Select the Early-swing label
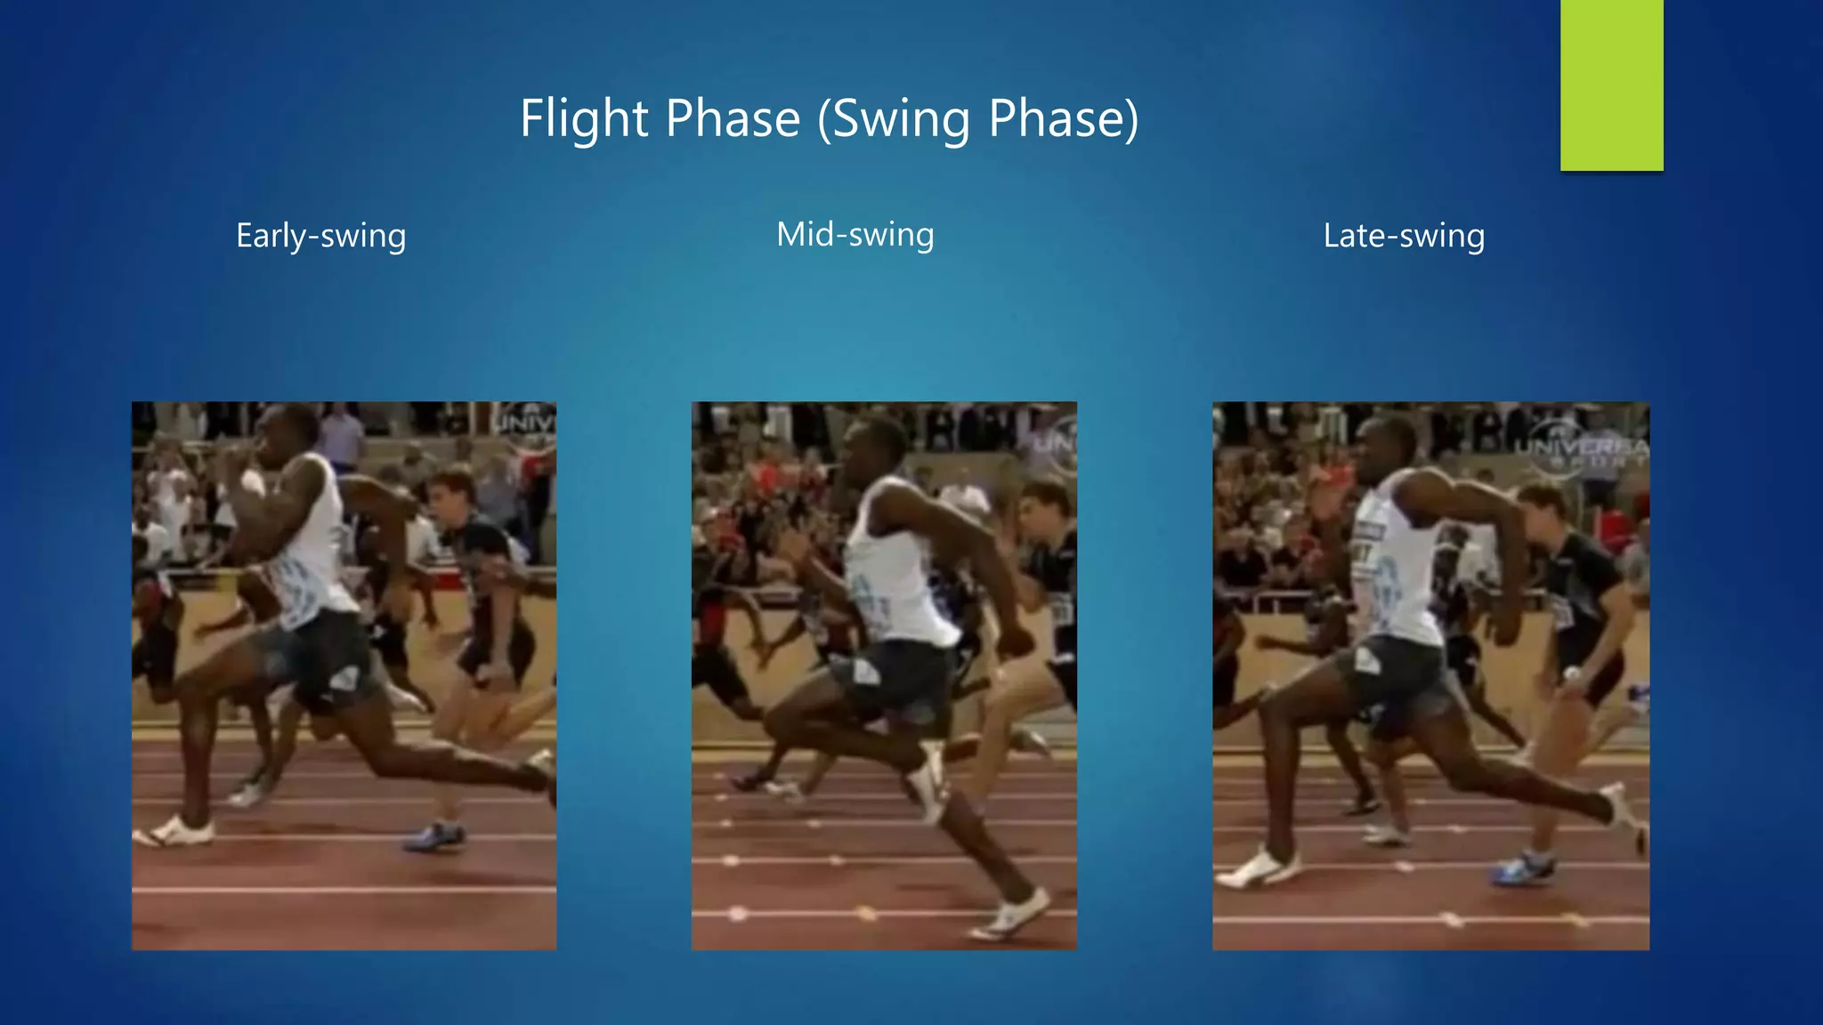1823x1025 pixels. [320, 236]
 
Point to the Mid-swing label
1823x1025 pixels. [855, 235]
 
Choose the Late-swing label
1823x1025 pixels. [1404, 236]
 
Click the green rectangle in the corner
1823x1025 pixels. [1611, 85]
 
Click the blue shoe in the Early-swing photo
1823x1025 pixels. [435, 836]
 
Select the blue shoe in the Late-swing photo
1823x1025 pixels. [1524, 868]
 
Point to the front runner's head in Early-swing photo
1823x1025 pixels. [287, 436]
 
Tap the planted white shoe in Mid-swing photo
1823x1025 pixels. [1010, 915]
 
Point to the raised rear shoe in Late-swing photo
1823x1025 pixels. [1624, 810]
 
